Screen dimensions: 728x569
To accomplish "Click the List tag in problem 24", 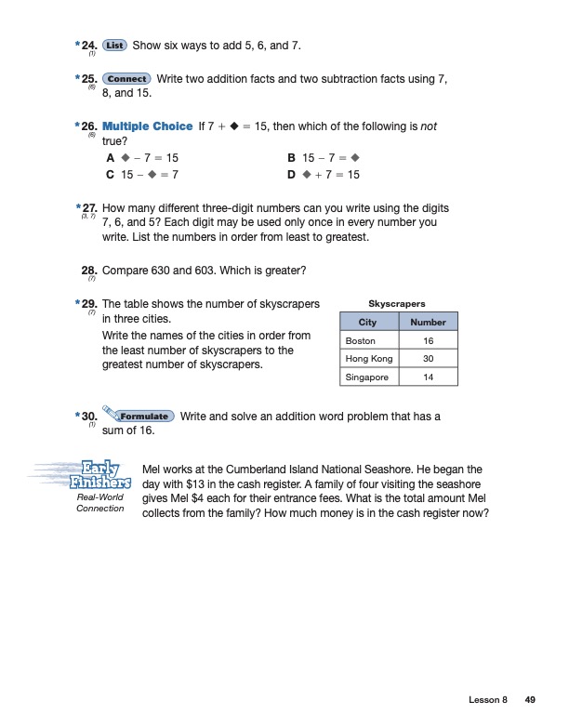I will point(115,45).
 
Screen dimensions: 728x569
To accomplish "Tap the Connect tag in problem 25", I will point(127,79).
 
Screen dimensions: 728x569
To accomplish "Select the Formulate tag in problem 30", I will point(145,417).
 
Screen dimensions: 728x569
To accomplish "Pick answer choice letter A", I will point(112,159).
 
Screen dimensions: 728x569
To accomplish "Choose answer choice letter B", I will point(293,159).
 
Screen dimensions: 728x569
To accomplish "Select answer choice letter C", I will point(112,175).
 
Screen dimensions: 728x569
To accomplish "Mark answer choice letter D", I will point(293,175).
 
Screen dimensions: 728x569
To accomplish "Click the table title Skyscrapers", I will point(397,304).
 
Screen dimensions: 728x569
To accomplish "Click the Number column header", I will point(429,323).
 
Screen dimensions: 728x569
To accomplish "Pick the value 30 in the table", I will point(429,359).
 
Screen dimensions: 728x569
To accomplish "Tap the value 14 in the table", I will point(429,377).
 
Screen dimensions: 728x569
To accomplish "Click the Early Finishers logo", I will point(99,474).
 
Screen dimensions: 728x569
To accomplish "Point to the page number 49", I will point(530,700).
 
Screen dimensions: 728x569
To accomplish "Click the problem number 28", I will point(90,271).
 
